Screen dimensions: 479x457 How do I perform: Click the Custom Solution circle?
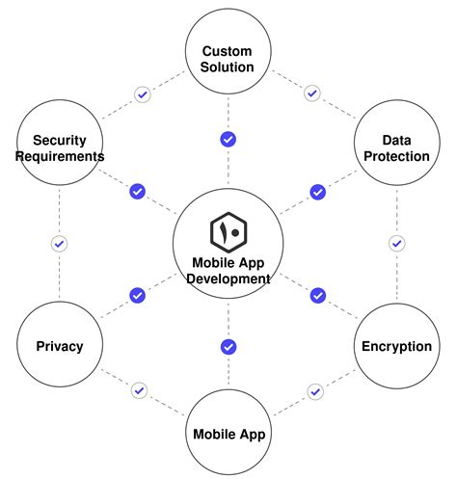(x=228, y=58)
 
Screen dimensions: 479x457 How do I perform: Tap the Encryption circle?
(x=396, y=345)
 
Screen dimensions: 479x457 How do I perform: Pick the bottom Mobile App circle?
(x=228, y=432)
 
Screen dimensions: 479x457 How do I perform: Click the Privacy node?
(x=59, y=345)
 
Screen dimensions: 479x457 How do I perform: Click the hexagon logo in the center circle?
(x=228, y=232)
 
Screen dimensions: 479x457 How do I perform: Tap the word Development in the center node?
(x=228, y=279)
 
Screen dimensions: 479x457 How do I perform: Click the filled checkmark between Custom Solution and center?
(x=228, y=140)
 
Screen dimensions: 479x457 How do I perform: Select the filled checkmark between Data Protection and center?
(x=317, y=192)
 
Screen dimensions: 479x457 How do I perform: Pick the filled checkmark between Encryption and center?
(x=317, y=295)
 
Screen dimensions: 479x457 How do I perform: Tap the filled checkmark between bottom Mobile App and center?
(x=228, y=346)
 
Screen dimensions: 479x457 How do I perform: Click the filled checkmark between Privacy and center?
(x=137, y=295)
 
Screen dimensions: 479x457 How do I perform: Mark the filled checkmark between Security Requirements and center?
(x=137, y=192)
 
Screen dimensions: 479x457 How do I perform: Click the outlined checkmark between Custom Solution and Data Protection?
(x=311, y=94)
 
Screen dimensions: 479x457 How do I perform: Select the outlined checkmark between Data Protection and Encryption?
(x=396, y=244)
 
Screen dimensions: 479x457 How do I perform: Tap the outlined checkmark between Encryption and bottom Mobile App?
(x=314, y=391)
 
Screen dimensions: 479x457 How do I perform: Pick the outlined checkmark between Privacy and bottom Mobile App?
(x=140, y=390)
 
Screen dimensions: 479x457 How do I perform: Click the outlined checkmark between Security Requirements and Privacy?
(x=59, y=244)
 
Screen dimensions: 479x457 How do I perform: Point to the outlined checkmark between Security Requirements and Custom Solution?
(x=143, y=94)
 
